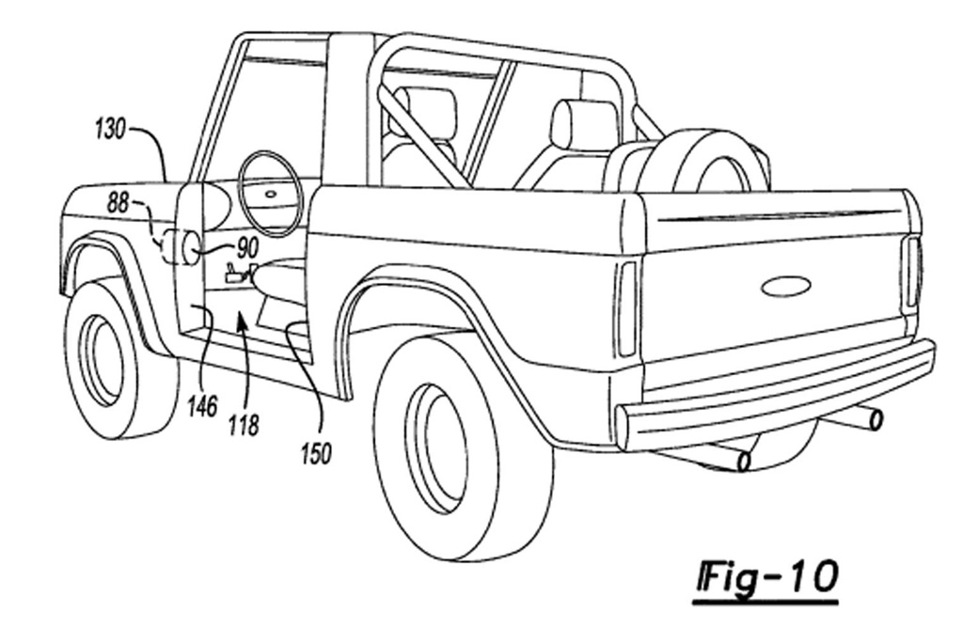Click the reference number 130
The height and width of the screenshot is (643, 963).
coord(110,129)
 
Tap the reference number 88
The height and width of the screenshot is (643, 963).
coord(118,202)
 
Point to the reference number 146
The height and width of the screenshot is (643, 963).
coord(202,406)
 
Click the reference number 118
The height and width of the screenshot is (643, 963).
coord(243,424)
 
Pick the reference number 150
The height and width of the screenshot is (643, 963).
coord(315,454)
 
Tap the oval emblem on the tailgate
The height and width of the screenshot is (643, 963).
coord(786,286)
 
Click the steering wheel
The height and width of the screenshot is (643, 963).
coord(271,194)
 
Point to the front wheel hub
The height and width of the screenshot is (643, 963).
coord(102,359)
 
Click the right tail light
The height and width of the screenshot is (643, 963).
coord(911,272)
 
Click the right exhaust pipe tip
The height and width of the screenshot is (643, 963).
coord(875,419)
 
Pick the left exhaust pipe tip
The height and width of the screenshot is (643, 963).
coord(743,461)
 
